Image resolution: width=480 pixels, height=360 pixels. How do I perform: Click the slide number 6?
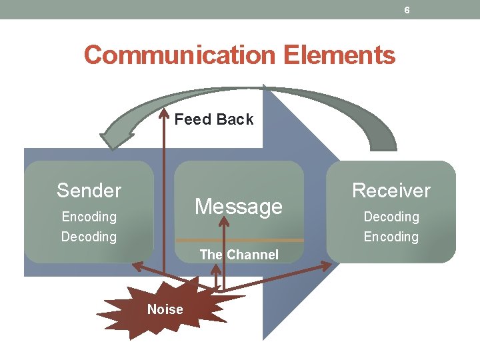tap(407, 10)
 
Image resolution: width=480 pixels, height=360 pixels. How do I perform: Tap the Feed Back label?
tap(213, 119)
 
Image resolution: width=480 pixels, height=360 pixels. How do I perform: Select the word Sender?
tap(89, 191)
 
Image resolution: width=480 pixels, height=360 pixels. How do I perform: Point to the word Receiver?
tap(391, 191)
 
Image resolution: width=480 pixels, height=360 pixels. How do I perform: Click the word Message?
tap(239, 207)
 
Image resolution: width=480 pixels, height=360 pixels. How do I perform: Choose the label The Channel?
tap(239, 255)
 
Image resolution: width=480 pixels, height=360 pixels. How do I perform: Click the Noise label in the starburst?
tap(165, 309)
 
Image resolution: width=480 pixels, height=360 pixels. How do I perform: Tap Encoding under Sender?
tap(89, 217)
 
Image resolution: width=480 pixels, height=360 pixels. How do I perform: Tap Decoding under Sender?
tap(89, 237)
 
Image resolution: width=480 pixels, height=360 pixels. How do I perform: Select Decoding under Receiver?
tap(391, 217)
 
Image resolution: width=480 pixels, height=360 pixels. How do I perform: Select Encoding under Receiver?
tap(391, 237)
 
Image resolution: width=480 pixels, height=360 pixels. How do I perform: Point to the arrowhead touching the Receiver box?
tap(324, 265)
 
